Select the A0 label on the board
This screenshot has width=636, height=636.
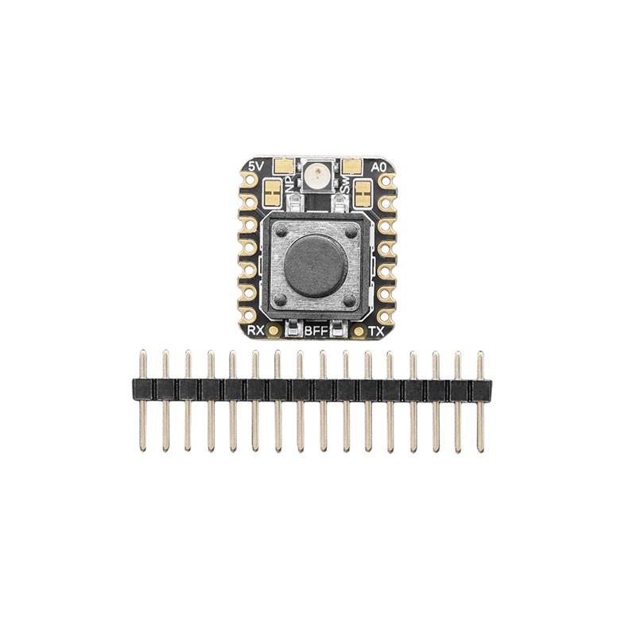[379, 167]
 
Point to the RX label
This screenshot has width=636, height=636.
[256, 329]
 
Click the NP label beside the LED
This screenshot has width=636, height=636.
[291, 188]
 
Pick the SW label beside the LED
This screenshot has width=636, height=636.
[345, 188]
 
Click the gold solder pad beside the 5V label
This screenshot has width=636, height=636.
[282, 167]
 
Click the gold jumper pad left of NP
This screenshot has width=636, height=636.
[273, 192]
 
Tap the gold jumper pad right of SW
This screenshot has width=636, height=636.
[363, 192]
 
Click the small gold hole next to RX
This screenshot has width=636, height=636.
[274, 329]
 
